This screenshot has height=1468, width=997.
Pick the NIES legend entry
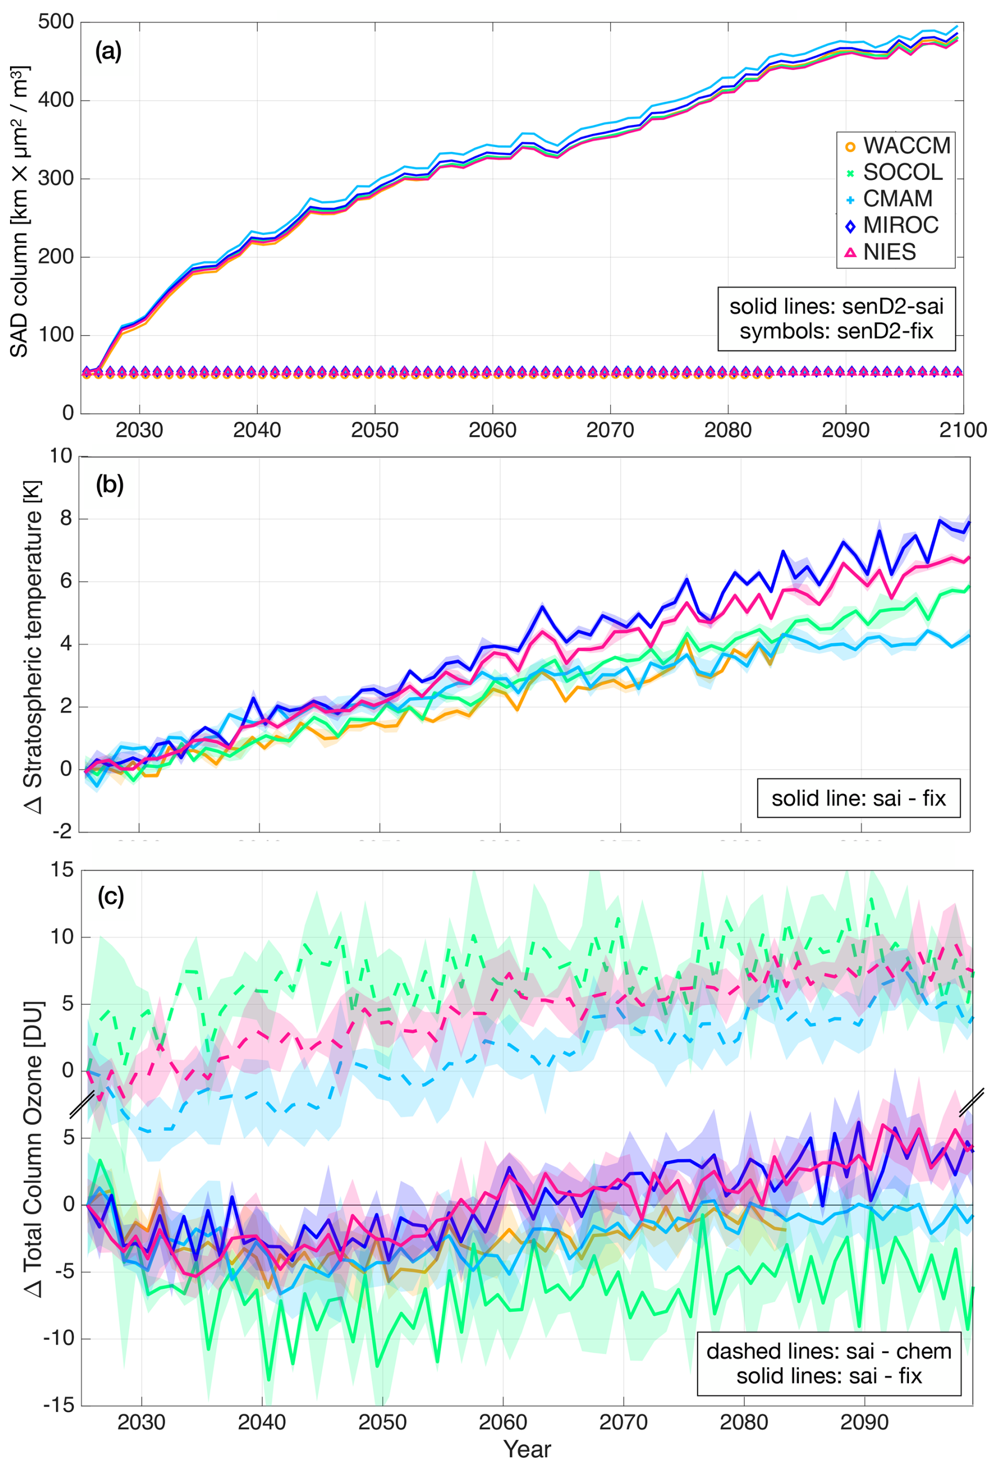[x=880, y=252]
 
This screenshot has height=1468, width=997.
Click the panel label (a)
[x=108, y=51]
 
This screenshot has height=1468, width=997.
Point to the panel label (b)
[x=109, y=484]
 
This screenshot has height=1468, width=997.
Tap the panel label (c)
[x=111, y=896]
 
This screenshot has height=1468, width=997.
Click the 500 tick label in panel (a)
[x=56, y=22]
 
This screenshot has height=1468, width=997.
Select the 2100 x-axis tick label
[x=962, y=430]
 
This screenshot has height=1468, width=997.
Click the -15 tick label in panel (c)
[x=58, y=1405]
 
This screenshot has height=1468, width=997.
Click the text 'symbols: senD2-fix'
[x=836, y=331]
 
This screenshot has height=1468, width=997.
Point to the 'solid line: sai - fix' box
[x=858, y=798]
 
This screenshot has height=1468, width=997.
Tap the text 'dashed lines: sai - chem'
[x=829, y=1350]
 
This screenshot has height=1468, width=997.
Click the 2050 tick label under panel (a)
[x=375, y=430]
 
